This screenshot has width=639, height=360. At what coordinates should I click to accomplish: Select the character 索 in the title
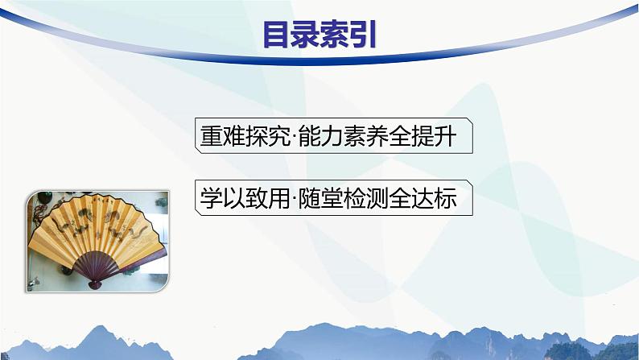[336, 35]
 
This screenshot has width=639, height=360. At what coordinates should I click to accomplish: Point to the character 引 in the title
[364, 35]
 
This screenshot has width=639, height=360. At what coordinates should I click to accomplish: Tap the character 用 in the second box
[274, 197]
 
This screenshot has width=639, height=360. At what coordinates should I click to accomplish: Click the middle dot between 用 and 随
[291, 198]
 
